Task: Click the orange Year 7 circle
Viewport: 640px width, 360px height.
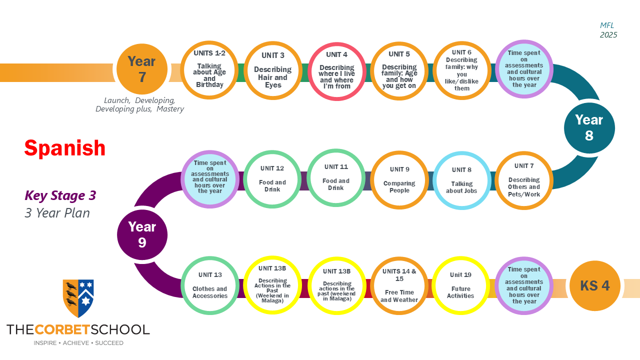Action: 141,69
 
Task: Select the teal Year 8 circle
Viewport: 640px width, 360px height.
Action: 589,127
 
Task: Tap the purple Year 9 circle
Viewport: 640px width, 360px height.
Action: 142,235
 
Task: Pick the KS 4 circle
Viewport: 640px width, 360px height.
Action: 594,285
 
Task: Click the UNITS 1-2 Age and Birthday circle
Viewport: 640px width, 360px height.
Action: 209,70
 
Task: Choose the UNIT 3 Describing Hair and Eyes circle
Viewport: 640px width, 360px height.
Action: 273,70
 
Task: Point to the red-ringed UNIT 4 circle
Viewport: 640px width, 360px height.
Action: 336,71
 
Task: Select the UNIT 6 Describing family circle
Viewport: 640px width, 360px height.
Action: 461,70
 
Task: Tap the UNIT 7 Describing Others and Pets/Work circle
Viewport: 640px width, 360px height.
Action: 524,180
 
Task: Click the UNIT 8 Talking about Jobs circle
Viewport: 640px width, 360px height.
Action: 461,180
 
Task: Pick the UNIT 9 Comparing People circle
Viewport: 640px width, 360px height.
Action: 399,180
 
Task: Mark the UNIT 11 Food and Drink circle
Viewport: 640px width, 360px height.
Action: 336,177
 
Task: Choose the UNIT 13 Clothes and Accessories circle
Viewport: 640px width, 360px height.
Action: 210,285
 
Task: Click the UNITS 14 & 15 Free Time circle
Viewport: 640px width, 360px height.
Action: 399,285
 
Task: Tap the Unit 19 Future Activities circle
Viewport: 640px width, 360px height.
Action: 460,285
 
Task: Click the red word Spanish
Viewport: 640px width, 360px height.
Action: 65,148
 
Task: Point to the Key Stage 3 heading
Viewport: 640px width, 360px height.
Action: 60,195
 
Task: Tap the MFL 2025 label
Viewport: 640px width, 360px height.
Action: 608,30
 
